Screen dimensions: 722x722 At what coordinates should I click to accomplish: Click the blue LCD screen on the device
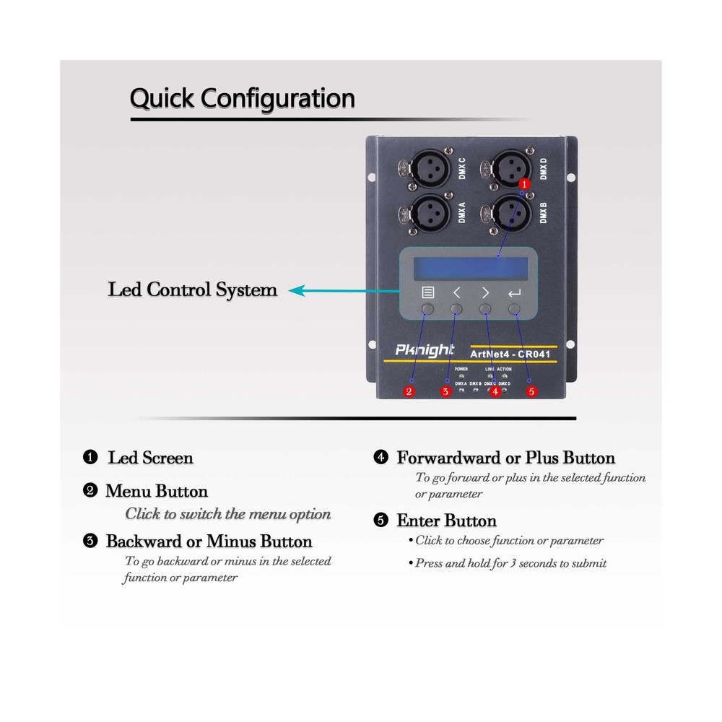[x=468, y=269]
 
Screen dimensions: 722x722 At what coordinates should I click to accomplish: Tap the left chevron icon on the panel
[x=456, y=293]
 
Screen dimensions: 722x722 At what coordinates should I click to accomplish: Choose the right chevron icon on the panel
[x=485, y=293]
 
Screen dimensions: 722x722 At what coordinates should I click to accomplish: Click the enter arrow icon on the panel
[x=514, y=293]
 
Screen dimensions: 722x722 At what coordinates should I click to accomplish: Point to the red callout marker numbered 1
[x=525, y=184]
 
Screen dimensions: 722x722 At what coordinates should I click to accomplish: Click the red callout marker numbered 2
[x=409, y=392]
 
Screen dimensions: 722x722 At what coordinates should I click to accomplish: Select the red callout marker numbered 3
[x=445, y=392]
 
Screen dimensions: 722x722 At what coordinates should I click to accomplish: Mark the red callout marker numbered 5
[x=532, y=392]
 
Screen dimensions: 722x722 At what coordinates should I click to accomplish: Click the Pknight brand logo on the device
[x=425, y=350]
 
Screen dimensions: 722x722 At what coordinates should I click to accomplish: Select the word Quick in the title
[x=161, y=97]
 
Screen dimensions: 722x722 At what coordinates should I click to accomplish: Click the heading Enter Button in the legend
[x=446, y=521]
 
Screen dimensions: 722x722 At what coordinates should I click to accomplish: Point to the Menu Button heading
[x=157, y=491]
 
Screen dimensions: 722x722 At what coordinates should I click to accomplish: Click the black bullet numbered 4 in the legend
[x=380, y=458]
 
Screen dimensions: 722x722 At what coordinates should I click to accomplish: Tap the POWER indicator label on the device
[x=461, y=369]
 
